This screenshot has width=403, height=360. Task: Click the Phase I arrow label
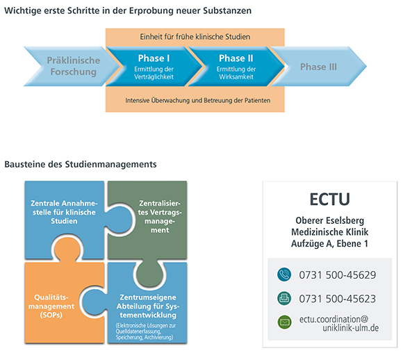coord(154,58)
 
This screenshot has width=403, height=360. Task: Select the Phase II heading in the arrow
coord(236,58)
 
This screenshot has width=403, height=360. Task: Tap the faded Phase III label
coord(318,67)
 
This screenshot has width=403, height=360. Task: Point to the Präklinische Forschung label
coord(74,66)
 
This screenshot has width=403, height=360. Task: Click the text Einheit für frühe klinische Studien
coord(195,37)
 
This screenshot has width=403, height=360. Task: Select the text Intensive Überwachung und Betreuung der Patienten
coord(197,100)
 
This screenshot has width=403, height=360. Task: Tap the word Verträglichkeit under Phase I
coord(154,76)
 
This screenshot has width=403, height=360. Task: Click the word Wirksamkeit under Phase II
coord(236,76)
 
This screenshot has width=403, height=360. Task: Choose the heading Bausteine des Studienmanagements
coord(81,164)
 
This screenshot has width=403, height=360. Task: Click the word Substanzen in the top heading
coord(227,10)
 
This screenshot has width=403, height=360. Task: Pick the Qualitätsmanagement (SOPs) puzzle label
coord(51,306)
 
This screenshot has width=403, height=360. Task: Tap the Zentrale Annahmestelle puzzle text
coord(64,212)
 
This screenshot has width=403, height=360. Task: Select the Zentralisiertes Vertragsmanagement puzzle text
coord(160,217)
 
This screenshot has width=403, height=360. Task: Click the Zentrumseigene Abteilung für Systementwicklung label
coord(148,306)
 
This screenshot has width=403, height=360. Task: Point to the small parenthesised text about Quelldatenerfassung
coord(145,332)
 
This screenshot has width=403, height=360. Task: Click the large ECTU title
coord(330,199)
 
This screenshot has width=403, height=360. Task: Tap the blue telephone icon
coord(284,275)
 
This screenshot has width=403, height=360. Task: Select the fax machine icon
coord(284,298)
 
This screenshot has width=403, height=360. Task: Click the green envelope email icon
coord(284,322)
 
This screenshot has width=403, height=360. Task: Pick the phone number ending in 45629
coord(338,275)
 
